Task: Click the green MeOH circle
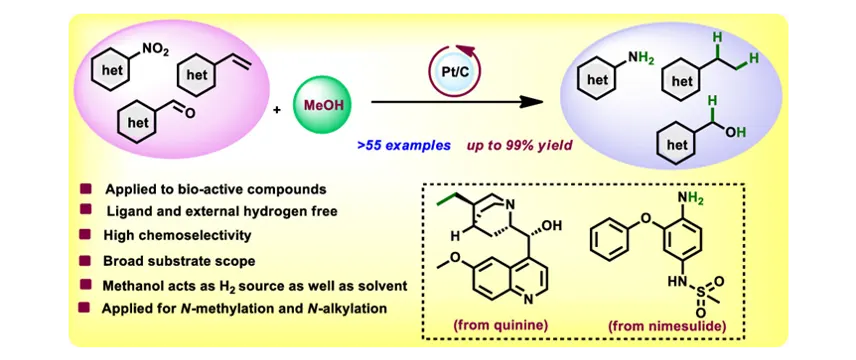point(320,103)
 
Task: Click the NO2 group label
point(156,51)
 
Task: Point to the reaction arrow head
point(531,102)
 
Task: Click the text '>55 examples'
point(404,146)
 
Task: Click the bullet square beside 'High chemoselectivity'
point(85,235)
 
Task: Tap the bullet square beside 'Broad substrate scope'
point(85,260)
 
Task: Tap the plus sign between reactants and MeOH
point(277,109)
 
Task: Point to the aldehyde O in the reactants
point(189,114)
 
